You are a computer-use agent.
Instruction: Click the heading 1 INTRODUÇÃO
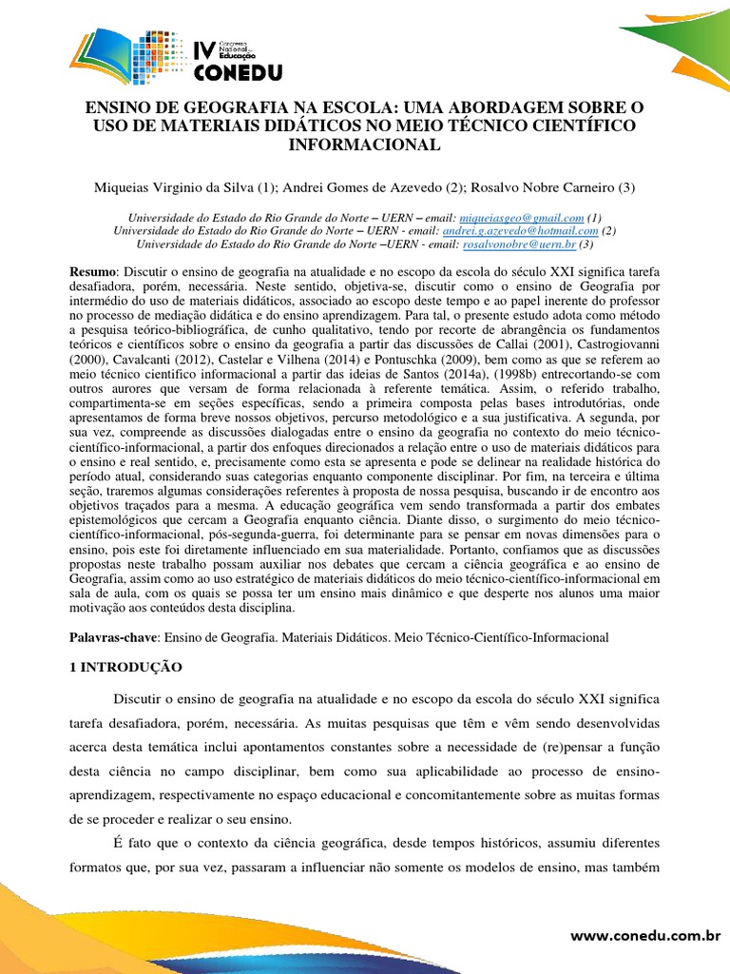(x=131, y=668)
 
